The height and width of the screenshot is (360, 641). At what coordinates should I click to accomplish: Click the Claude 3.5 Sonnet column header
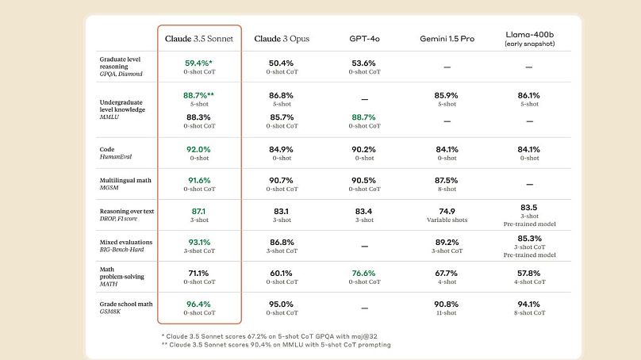[x=199, y=38]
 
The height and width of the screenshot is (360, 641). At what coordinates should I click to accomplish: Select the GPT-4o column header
[x=364, y=38]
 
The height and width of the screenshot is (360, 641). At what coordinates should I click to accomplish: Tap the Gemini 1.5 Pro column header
[x=447, y=38]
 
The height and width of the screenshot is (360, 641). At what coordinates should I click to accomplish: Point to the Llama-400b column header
[x=529, y=39]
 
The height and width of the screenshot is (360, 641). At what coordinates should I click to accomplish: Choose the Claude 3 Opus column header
[x=282, y=38]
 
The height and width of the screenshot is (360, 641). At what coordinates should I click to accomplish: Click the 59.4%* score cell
[x=198, y=63]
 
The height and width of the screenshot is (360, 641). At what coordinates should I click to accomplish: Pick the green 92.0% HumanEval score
[x=198, y=149]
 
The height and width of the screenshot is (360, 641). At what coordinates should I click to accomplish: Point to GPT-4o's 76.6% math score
[x=364, y=273]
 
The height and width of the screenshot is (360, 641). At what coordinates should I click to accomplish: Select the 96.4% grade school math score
[x=198, y=304]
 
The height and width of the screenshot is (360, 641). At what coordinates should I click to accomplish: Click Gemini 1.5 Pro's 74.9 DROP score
[x=447, y=211]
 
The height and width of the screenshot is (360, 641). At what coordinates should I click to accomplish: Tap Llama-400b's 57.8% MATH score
[x=529, y=273]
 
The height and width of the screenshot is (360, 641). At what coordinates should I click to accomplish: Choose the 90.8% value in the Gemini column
[x=447, y=304]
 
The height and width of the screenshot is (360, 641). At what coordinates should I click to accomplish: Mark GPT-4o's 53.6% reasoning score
[x=364, y=63]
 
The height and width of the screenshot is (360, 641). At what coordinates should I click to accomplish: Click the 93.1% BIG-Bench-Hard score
[x=198, y=242]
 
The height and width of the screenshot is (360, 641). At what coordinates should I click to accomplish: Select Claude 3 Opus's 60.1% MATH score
[x=282, y=273]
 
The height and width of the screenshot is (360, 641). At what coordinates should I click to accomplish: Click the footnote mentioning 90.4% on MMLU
[x=276, y=344]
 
